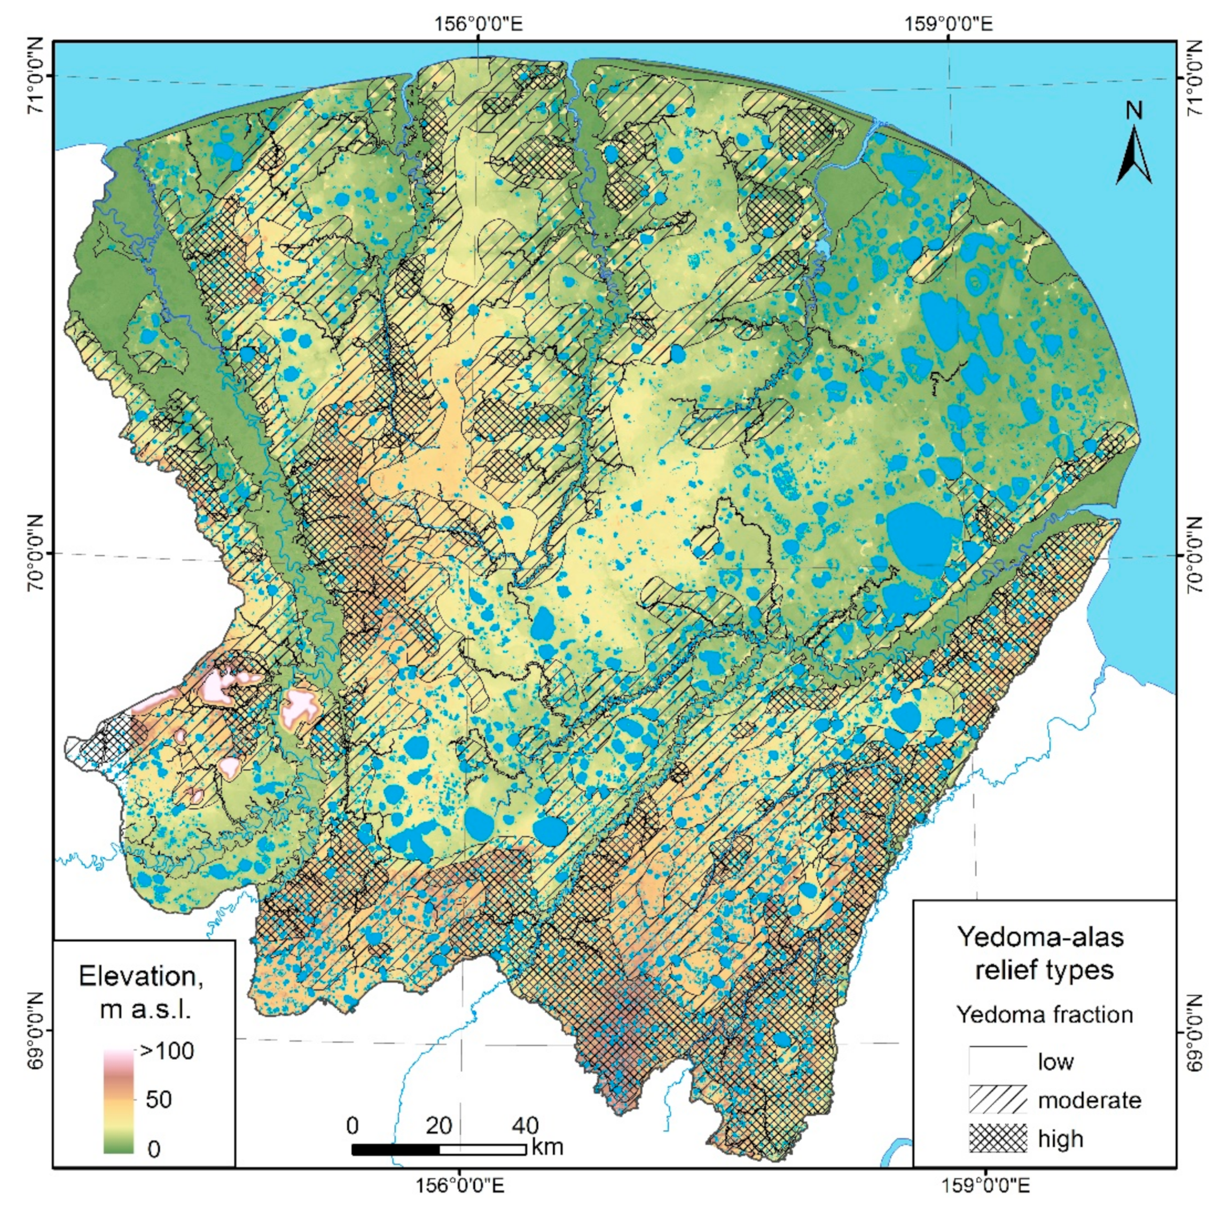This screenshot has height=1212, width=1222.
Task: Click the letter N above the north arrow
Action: (x=1134, y=111)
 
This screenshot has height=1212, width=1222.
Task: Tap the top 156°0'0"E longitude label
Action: (x=478, y=24)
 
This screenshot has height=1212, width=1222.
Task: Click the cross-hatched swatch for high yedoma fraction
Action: (x=998, y=1139)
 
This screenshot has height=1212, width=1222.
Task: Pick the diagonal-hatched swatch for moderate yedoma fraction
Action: (x=998, y=1099)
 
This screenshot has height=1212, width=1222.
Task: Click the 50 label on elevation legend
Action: (x=158, y=1099)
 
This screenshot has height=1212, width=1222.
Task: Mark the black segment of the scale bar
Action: (x=395, y=1150)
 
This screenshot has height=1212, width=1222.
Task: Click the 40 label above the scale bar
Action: (x=524, y=1125)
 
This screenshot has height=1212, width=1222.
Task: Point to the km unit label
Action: (x=547, y=1147)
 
